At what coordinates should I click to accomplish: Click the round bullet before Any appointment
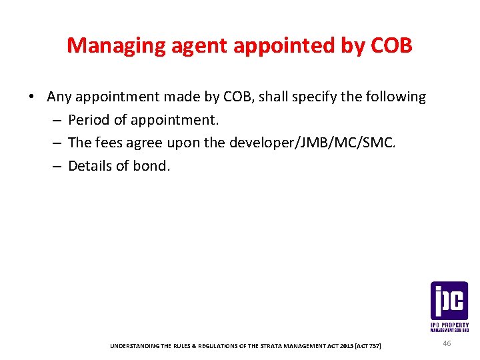click(x=32, y=97)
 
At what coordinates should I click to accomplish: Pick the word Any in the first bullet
click(x=59, y=97)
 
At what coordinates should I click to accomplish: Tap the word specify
click(x=317, y=97)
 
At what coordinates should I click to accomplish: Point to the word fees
click(x=108, y=143)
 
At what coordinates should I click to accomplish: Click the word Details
click(x=91, y=166)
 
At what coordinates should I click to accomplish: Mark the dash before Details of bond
click(x=57, y=167)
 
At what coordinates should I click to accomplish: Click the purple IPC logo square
click(x=449, y=301)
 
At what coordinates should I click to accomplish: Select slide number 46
click(x=447, y=343)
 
